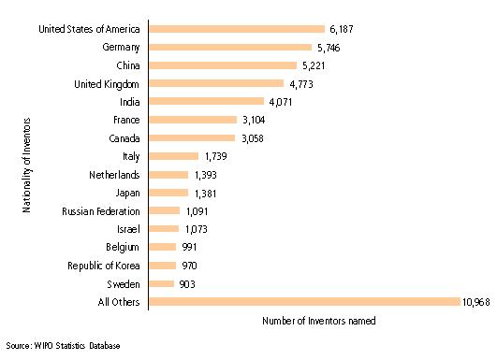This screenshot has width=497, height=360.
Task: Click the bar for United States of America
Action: (237, 29)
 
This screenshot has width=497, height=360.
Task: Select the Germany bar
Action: (230, 47)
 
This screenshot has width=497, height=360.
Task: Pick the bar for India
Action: (207, 102)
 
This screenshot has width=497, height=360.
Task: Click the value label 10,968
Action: (475, 301)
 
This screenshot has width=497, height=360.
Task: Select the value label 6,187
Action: (340, 29)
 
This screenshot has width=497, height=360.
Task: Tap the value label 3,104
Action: (254, 120)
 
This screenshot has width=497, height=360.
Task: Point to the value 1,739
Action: (215, 156)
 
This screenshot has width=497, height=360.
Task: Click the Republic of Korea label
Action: (106, 265)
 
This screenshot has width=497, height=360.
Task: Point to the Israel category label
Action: (126, 228)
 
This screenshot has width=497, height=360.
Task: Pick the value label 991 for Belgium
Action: (188, 247)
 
